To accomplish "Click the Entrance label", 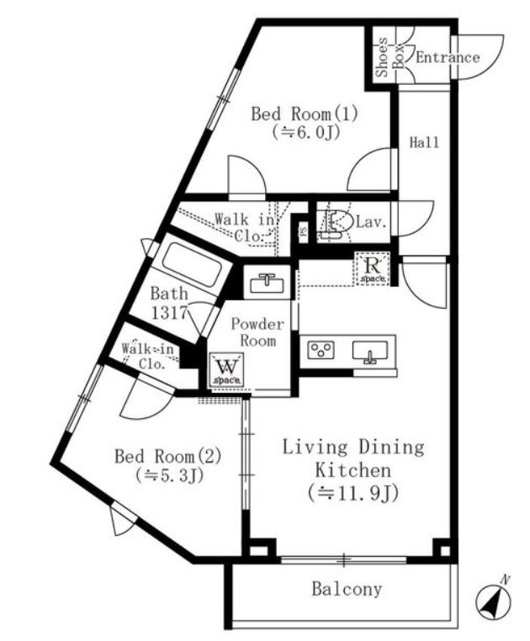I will click(448, 58).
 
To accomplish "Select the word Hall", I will click(425, 143).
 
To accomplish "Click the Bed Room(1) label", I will click(305, 115).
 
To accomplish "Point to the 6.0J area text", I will click(305, 132).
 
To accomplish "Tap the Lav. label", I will click(370, 223).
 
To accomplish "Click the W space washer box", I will click(226, 370).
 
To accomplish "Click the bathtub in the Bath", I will click(191, 263).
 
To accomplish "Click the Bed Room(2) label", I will click(168, 457).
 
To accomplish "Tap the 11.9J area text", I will click(352, 493).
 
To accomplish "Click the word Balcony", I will click(347, 590).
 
